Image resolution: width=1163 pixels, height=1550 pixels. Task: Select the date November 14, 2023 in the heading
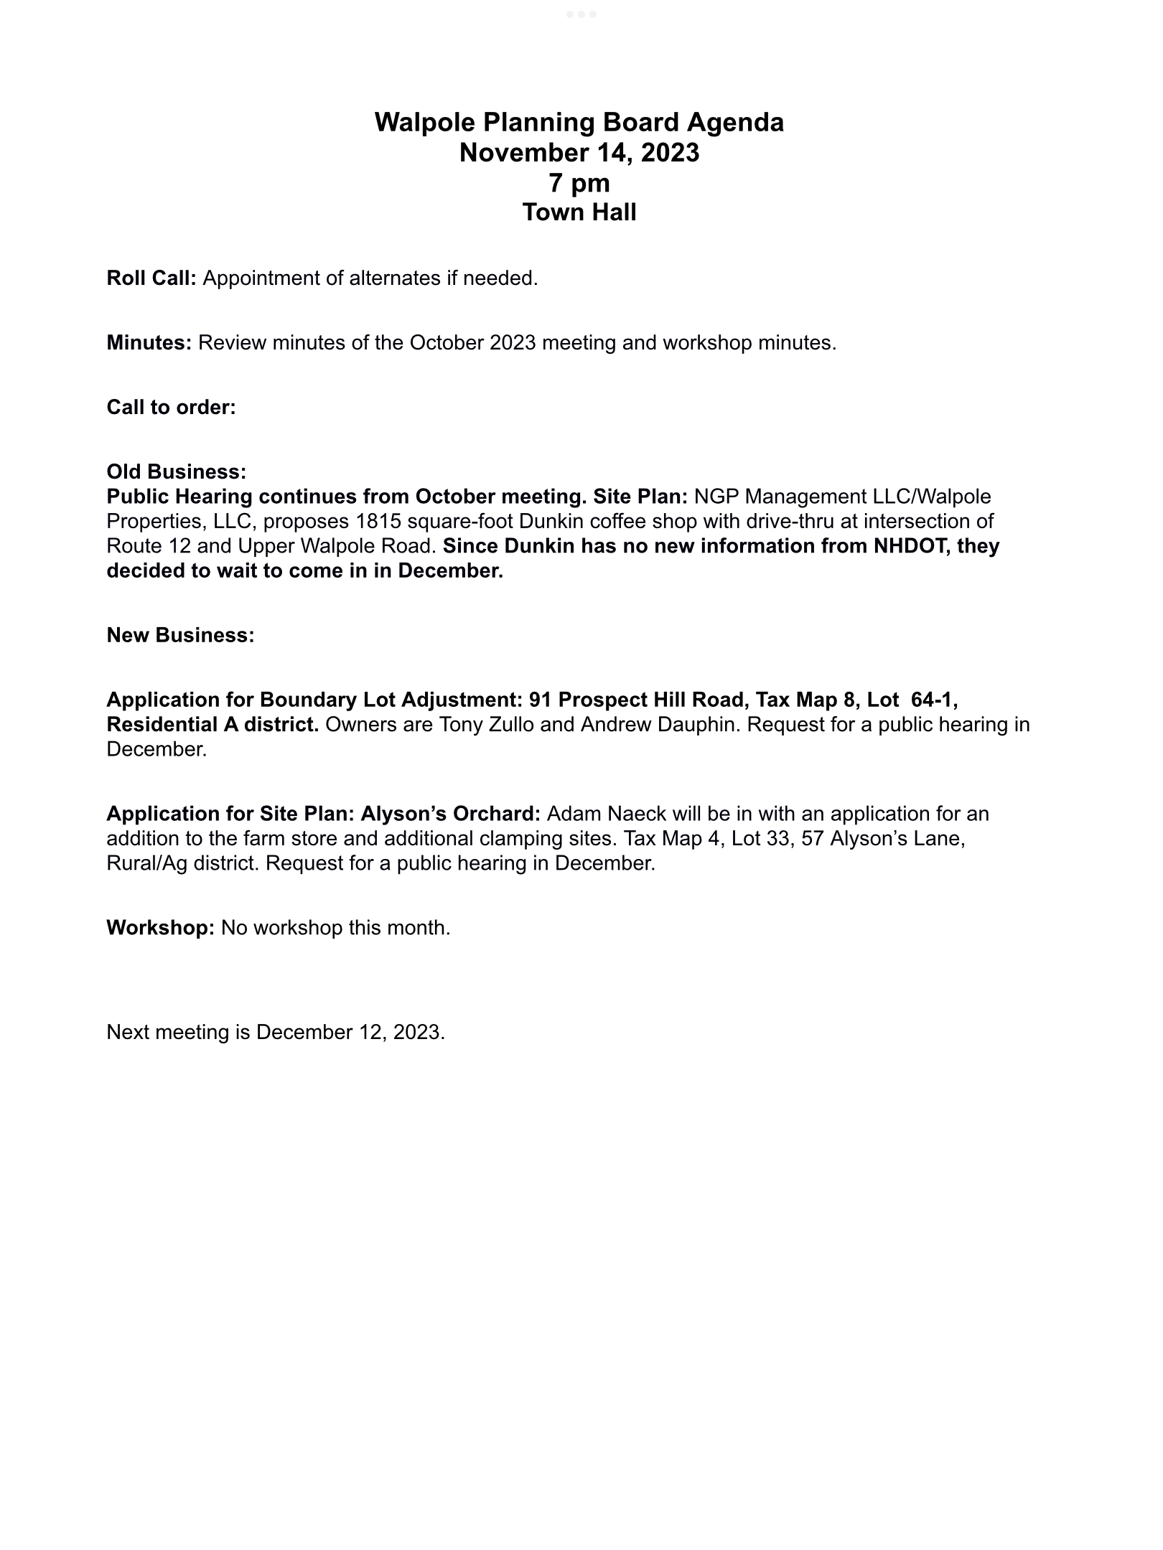point(579,153)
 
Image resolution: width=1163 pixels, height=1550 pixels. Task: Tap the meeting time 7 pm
point(579,184)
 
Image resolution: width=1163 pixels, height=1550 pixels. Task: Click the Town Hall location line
point(579,213)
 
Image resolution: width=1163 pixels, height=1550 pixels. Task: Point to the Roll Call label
point(151,278)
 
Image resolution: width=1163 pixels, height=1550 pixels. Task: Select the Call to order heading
point(171,408)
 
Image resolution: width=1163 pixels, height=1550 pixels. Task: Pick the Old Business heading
point(177,472)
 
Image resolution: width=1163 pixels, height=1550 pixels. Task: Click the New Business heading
point(180,635)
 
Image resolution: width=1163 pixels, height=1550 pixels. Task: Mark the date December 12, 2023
point(350,1032)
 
